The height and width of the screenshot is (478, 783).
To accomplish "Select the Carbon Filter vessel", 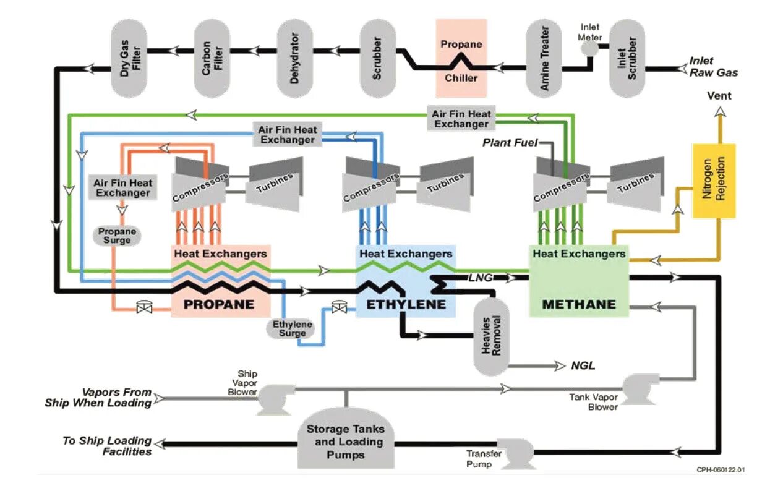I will pos(212,58).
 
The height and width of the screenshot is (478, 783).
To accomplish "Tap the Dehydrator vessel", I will pos(295,58).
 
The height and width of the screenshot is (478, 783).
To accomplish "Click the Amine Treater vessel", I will pos(544,58).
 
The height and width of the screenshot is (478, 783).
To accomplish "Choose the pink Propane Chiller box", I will pos(461,59).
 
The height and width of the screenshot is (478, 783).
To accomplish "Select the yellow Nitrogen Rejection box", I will pos(714,181).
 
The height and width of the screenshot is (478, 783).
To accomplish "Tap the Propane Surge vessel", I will pos(117,236).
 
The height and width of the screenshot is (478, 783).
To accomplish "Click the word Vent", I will pos(719,96).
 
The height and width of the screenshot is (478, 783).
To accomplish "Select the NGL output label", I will pos(583,365).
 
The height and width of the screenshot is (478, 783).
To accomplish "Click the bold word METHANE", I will pos(578,304).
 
